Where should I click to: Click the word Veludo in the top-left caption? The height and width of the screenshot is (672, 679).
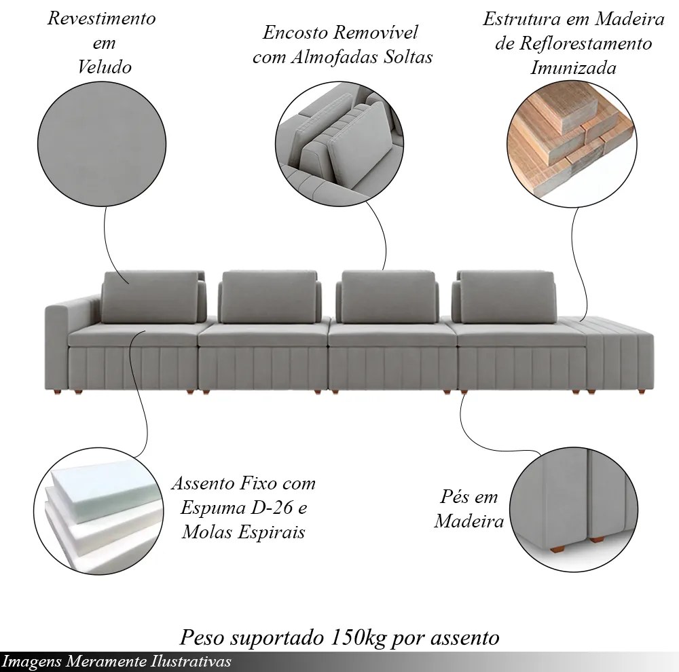coord(105,67)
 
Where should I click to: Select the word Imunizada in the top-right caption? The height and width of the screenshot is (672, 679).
coord(573,68)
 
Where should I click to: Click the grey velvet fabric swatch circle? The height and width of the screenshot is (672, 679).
coord(102,143)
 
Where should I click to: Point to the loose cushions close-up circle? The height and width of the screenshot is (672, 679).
coord(339,145)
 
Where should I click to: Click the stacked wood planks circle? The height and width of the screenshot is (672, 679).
coord(572,142)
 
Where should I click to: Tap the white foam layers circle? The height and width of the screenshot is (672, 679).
coord(98,511)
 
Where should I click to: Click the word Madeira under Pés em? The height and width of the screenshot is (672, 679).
coord(469,521)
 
